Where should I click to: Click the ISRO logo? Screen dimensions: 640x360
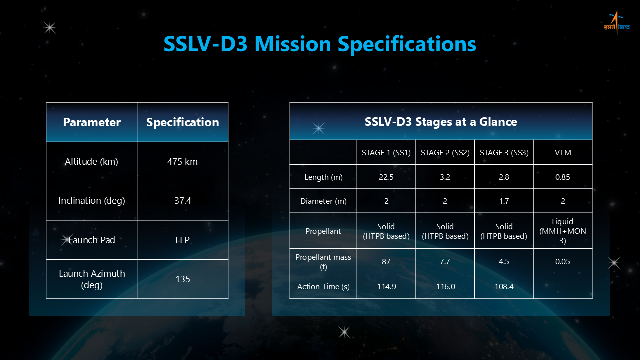click(616, 23)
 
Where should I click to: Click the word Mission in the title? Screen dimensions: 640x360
click(293, 44)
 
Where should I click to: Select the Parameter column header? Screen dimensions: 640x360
click(91, 122)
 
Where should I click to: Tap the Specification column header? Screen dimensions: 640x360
click(183, 122)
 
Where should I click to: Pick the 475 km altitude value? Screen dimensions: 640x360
click(182, 162)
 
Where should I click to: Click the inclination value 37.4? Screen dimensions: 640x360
click(183, 201)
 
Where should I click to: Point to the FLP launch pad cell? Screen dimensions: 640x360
click(182, 240)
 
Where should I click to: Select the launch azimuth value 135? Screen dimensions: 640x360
click(183, 279)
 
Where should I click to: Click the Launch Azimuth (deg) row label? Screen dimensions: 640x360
click(92, 279)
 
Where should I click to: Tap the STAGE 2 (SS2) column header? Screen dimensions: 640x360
click(445, 153)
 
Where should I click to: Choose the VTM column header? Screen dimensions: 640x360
click(563, 153)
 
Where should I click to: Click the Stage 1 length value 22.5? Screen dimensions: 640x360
click(386, 177)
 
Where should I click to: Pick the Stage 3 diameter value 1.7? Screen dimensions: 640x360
click(504, 201)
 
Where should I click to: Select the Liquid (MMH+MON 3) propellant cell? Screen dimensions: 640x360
click(563, 231)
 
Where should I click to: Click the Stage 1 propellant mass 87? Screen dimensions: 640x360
click(386, 261)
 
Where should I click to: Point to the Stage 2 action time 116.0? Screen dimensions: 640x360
click(445, 287)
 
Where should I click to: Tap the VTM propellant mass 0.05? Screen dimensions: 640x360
click(563, 261)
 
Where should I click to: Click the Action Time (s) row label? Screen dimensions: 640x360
click(323, 287)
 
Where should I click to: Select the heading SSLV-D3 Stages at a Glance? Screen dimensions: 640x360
click(441, 122)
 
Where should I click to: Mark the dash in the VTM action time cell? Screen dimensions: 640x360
click(563, 287)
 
